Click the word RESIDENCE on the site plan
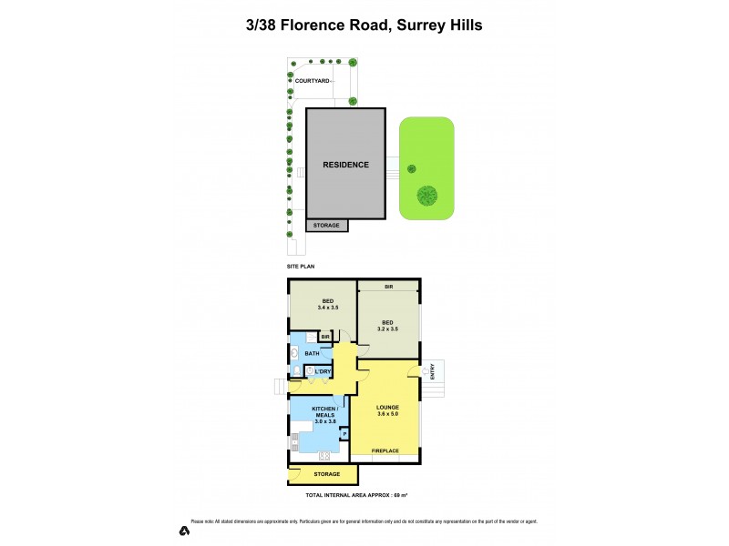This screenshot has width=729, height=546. click(x=345, y=165)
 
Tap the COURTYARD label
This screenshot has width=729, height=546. click(x=311, y=81)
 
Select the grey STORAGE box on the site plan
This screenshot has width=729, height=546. click(x=326, y=225)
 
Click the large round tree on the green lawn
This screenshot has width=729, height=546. click(x=426, y=195)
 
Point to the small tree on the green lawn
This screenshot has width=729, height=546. click(x=411, y=168)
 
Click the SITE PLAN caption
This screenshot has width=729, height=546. click(x=302, y=266)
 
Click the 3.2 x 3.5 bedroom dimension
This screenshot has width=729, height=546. click(x=387, y=329)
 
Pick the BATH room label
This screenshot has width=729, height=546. click(x=312, y=353)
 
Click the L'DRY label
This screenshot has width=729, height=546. click(x=323, y=371)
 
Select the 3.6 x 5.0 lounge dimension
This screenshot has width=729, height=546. click(x=388, y=414)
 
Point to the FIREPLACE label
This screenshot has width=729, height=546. click(x=385, y=450)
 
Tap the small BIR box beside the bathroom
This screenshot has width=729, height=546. click(x=323, y=338)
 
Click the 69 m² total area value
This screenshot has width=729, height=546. click(x=398, y=495)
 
